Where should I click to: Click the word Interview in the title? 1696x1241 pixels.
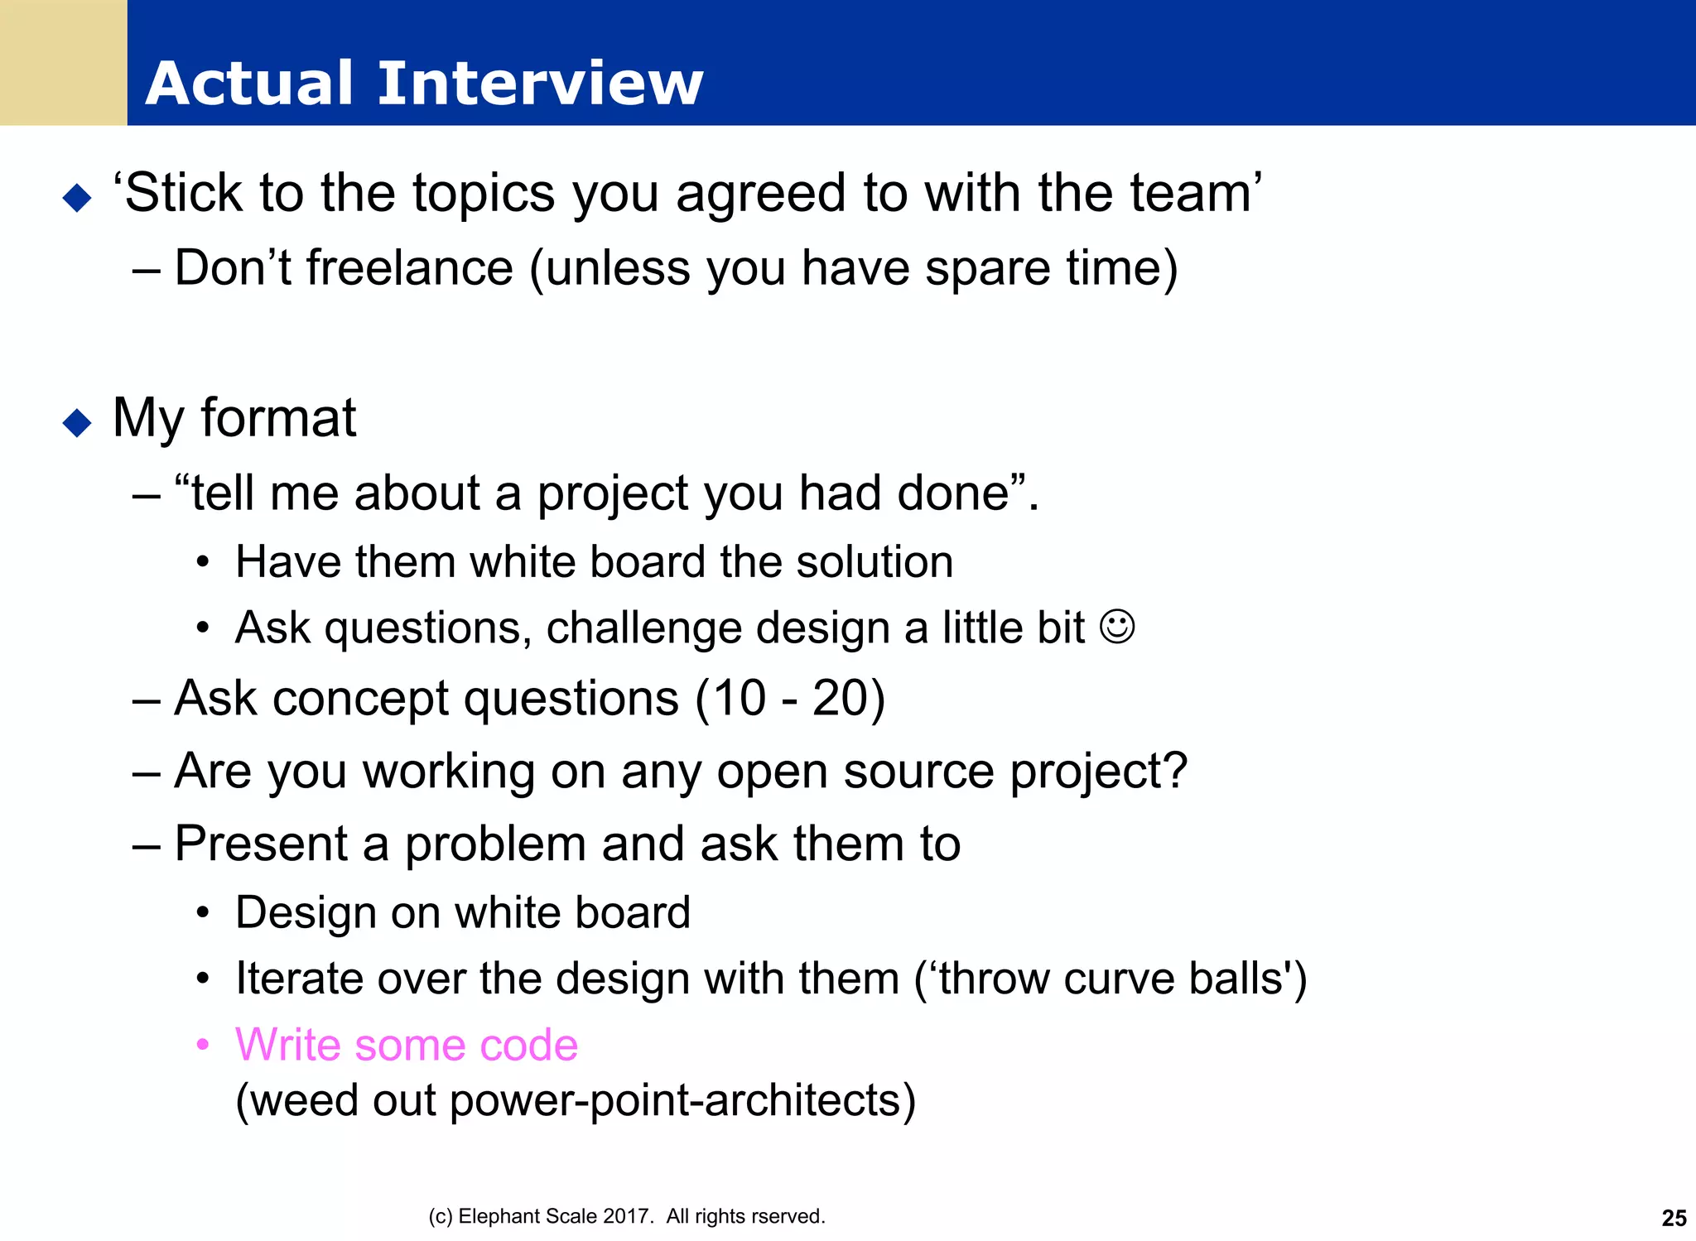[x=540, y=84]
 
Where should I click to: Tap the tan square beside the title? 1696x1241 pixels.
[x=63, y=63]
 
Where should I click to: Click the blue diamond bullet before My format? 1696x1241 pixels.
[x=77, y=423]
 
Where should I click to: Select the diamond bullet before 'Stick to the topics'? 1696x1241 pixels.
[x=77, y=198]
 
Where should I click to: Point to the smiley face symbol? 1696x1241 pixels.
[x=1117, y=627]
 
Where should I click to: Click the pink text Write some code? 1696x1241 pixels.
[x=406, y=1045]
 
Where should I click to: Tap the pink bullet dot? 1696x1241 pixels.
[x=203, y=1045]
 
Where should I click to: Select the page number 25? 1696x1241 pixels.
[x=1674, y=1218]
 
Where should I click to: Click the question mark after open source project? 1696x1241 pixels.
[x=1174, y=771]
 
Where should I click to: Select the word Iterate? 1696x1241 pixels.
[x=298, y=979]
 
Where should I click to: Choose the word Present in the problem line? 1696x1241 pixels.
[x=262, y=844]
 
